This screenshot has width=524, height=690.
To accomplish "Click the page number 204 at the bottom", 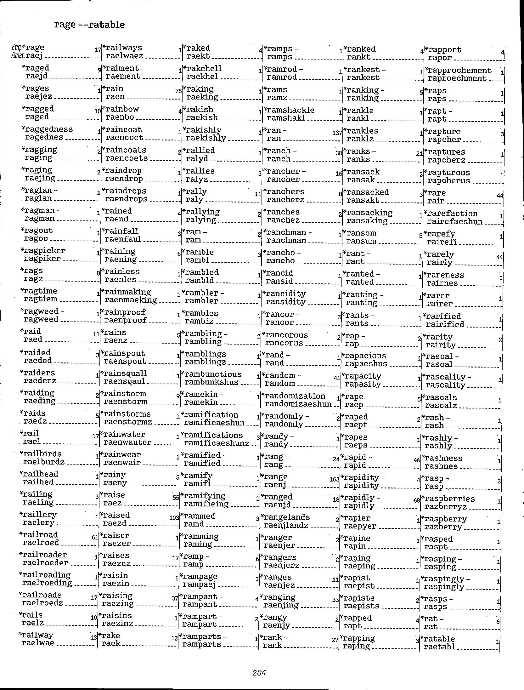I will (259, 673).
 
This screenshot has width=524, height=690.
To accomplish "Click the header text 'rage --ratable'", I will (89, 25).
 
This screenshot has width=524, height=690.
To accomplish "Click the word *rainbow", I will (121, 109).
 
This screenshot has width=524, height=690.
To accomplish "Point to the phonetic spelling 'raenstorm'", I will (126, 402).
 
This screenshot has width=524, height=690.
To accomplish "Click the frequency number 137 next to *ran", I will (337, 133).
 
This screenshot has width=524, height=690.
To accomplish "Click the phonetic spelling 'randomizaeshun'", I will (298, 404).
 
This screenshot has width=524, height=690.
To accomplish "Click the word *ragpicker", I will (43, 251).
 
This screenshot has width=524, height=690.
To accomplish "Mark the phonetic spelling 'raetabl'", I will (439, 647).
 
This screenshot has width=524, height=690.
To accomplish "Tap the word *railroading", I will (45, 575).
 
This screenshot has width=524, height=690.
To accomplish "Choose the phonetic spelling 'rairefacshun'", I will (454, 222).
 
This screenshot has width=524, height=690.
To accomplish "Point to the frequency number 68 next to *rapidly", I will (417, 500).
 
